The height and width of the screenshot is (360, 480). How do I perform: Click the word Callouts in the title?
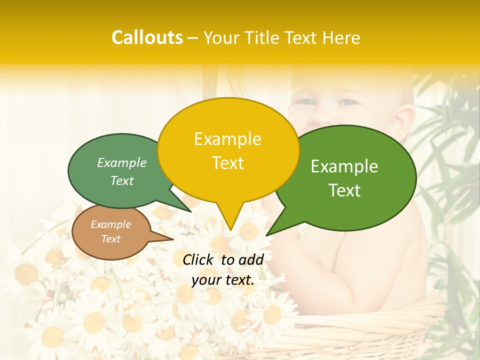pos(147,38)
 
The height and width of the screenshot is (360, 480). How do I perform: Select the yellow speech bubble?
pos(228,150)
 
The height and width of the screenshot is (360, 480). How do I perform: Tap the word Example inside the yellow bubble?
pos(227,139)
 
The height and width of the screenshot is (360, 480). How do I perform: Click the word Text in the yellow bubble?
pos(228,163)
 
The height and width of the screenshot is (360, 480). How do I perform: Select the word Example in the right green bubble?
pos(344,166)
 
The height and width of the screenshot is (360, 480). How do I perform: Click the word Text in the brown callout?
pos(111,239)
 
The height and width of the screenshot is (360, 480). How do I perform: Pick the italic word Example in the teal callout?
pos(122,163)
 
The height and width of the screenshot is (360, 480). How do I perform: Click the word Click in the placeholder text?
pos(199,259)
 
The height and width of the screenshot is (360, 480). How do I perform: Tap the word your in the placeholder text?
pos(205,280)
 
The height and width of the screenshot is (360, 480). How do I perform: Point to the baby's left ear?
pos(403,120)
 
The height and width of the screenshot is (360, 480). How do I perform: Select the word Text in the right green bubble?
pos(345,190)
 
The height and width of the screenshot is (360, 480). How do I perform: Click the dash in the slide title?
pos(192,38)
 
